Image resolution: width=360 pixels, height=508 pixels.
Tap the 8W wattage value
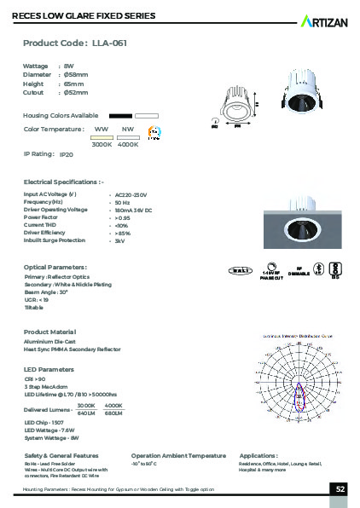tap(68, 66)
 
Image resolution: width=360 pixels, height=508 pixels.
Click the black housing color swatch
tap(120, 114)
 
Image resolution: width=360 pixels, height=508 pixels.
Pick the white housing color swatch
tap(148, 114)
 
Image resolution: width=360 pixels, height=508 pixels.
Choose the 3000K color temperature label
tap(102, 144)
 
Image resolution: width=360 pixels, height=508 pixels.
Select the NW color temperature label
tap(128, 129)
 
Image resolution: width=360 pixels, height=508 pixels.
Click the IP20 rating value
tap(67, 156)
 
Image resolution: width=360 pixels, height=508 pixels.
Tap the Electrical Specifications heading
tap(63, 182)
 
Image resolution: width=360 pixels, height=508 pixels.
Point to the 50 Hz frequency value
tap(122, 202)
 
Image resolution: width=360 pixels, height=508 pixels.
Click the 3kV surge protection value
tap(119, 241)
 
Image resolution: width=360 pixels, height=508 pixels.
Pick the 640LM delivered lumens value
tap(86, 414)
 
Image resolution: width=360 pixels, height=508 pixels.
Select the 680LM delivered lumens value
tap(114, 414)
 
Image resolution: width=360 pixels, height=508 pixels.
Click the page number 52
tap(340, 489)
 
